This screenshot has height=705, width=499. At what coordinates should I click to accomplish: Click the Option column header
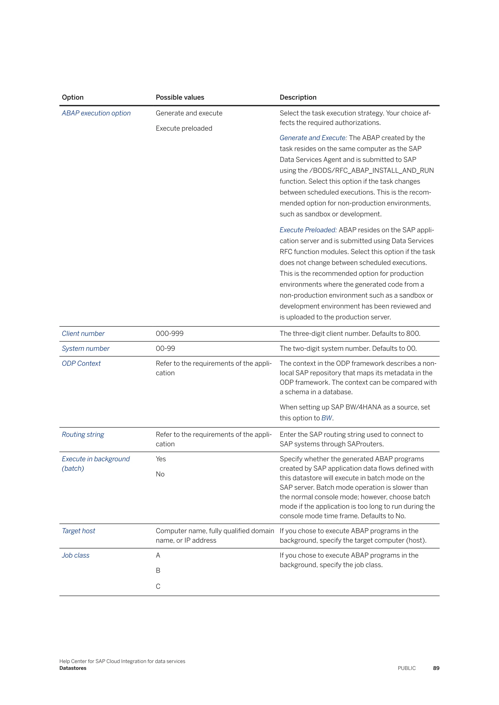point(73,97)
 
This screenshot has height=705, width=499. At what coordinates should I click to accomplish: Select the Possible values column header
point(180,97)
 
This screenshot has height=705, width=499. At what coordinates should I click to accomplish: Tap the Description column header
point(298,97)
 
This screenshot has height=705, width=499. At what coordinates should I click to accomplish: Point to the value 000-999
point(170,334)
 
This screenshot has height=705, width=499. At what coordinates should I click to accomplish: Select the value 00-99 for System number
point(165,349)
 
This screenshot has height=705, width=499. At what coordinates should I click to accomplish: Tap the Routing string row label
point(83,435)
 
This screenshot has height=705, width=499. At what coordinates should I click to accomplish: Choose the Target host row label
point(78,531)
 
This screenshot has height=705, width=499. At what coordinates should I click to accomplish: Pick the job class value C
point(158,586)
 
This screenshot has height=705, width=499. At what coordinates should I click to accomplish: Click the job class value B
point(158,571)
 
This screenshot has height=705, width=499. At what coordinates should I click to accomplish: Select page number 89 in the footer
point(436,668)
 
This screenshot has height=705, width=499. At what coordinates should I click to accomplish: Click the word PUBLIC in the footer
point(406,668)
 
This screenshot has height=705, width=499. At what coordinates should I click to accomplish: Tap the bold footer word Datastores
point(73,668)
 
